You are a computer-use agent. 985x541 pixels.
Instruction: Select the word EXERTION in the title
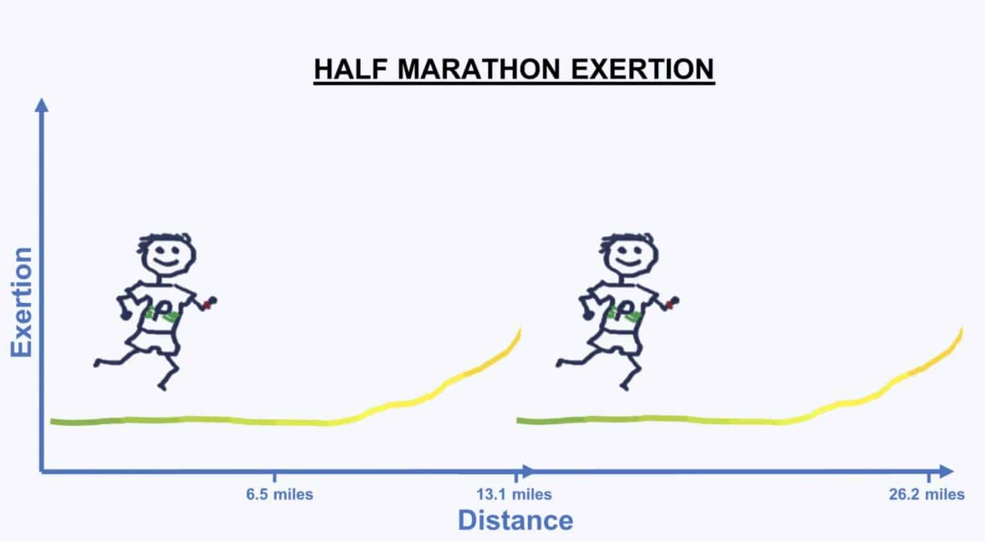point(643,69)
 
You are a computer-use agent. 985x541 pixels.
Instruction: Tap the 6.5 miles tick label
point(280,495)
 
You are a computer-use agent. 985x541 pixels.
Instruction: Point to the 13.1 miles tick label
point(514,495)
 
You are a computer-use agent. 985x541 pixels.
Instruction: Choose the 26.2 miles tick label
point(927,495)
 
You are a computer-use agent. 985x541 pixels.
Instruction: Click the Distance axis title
point(516,520)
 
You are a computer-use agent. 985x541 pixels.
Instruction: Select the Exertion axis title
point(21,302)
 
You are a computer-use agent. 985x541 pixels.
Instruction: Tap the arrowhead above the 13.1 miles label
point(526,472)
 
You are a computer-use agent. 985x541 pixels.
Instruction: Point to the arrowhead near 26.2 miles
point(947,472)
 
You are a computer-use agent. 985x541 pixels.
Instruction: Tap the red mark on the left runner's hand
point(206,304)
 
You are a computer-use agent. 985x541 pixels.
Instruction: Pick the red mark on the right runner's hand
point(669,304)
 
